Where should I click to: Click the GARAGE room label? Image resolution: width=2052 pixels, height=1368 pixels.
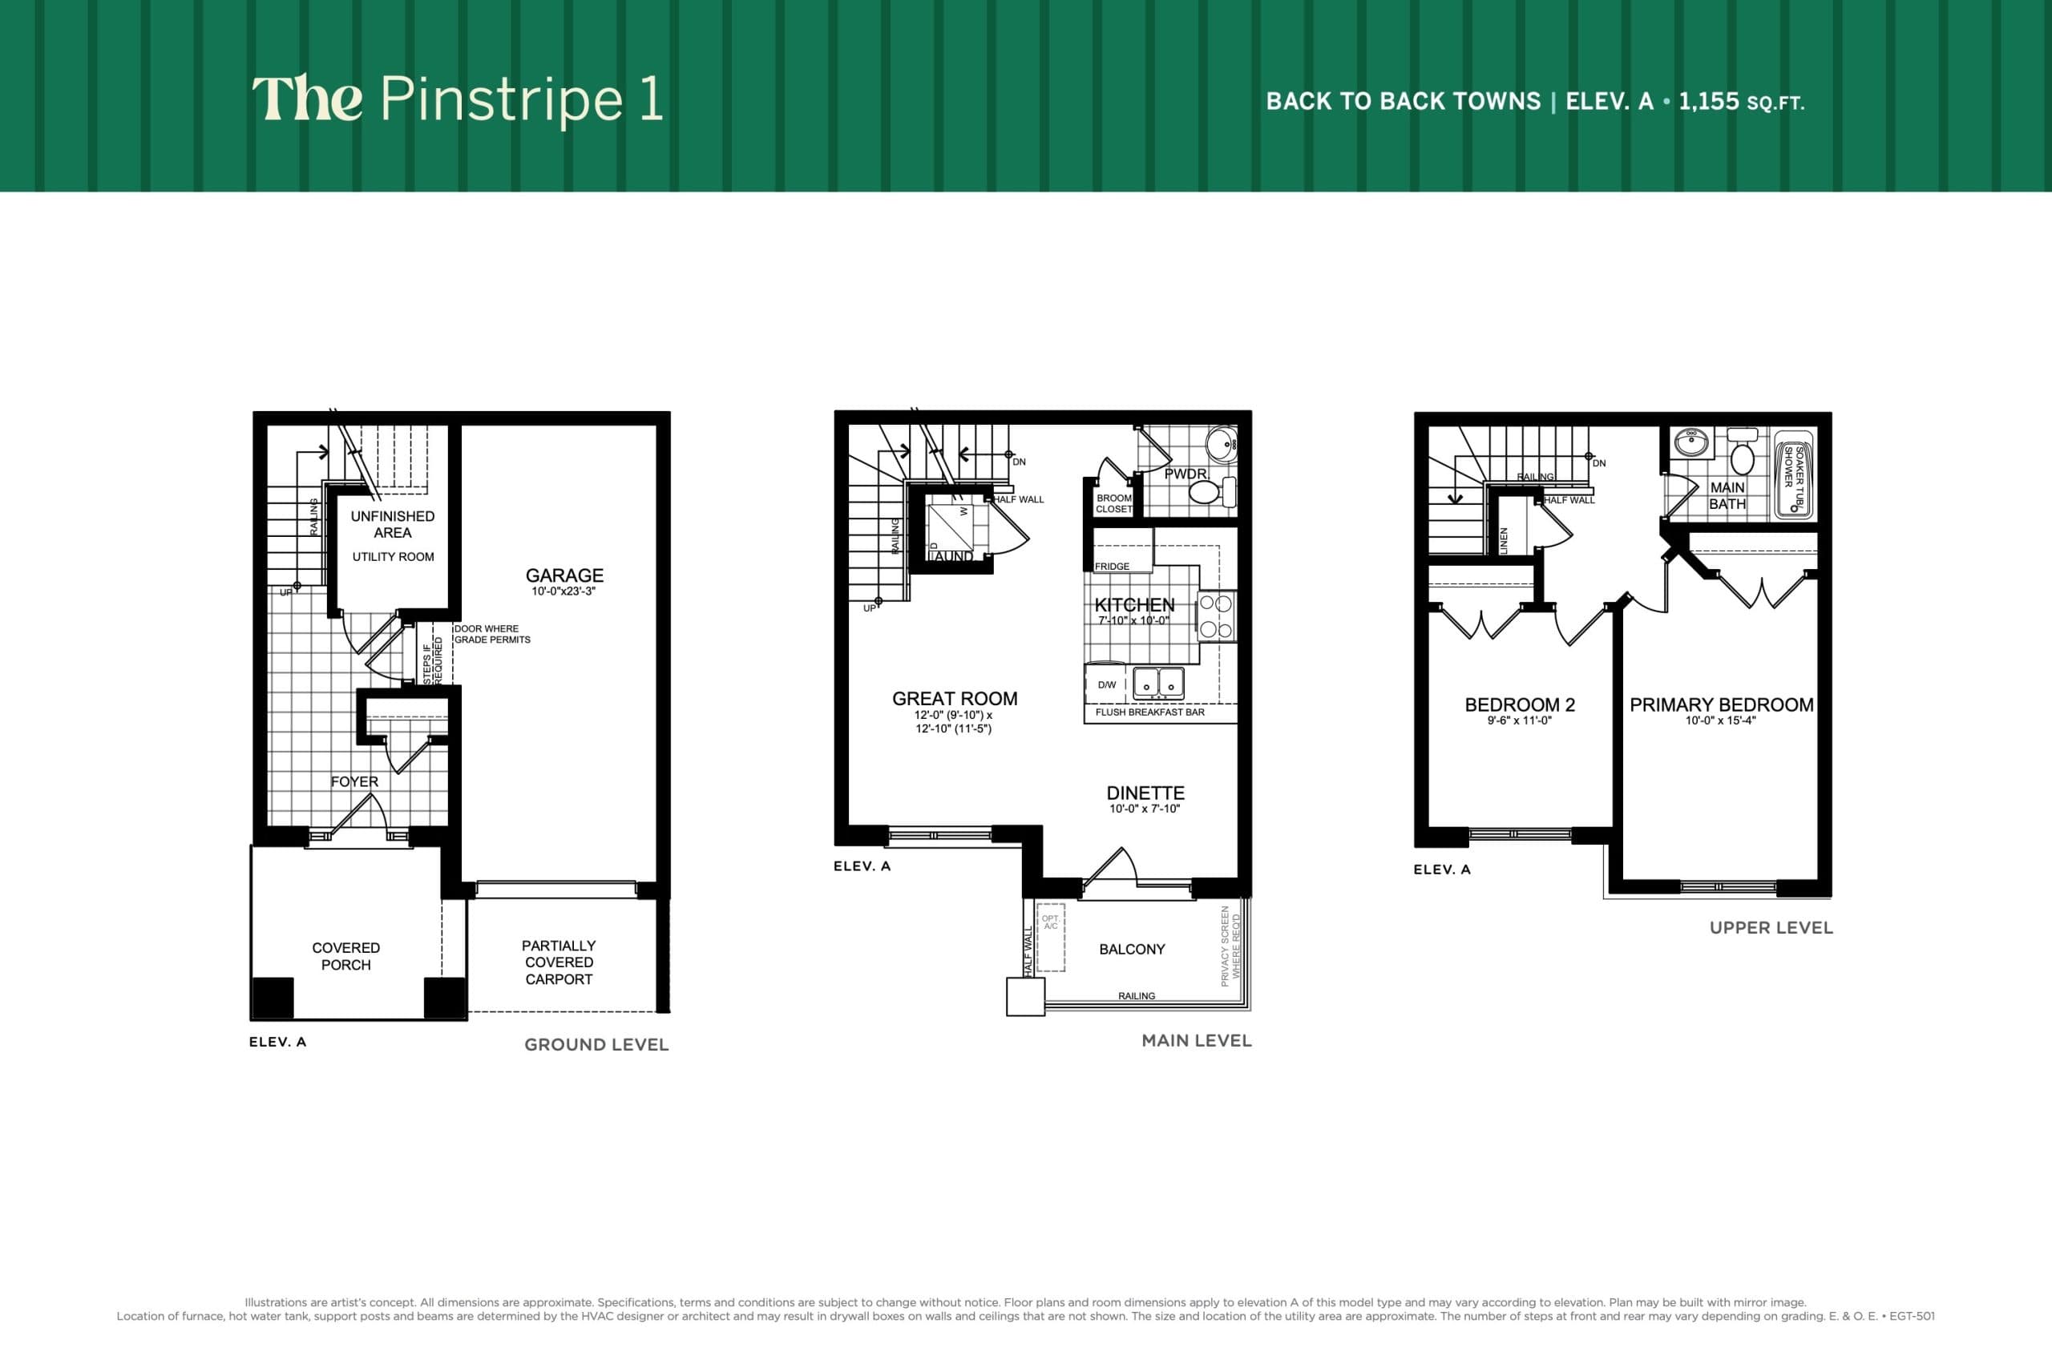[563, 575]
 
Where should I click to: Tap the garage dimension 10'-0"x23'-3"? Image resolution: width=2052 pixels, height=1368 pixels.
[563, 591]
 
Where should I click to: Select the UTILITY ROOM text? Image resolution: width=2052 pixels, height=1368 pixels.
[393, 557]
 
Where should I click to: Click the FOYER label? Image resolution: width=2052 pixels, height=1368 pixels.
[354, 781]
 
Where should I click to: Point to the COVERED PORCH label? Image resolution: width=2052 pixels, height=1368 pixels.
[345, 956]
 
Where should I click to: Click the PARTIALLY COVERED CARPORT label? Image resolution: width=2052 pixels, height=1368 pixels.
[559, 962]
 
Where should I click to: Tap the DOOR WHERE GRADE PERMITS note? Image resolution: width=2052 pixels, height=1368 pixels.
[492, 634]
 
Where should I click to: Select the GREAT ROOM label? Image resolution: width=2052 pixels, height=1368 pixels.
[955, 699]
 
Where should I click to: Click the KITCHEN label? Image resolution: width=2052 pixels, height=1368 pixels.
[1134, 604]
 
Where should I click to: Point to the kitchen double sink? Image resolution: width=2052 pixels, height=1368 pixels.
[1157, 683]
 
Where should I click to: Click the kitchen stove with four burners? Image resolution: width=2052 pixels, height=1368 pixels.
[1216, 616]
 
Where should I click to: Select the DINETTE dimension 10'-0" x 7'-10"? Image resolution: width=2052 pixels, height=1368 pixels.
[1144, 809]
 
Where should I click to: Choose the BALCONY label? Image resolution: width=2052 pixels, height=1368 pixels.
[1132, 949]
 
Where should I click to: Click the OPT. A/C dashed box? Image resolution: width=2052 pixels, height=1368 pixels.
[1050, 938]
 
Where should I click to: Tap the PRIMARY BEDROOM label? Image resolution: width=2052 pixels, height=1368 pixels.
[1720, 705]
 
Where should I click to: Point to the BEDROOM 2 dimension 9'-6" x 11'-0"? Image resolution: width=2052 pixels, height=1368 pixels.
[1519, 720]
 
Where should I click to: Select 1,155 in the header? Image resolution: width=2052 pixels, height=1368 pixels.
[1708, 101]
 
